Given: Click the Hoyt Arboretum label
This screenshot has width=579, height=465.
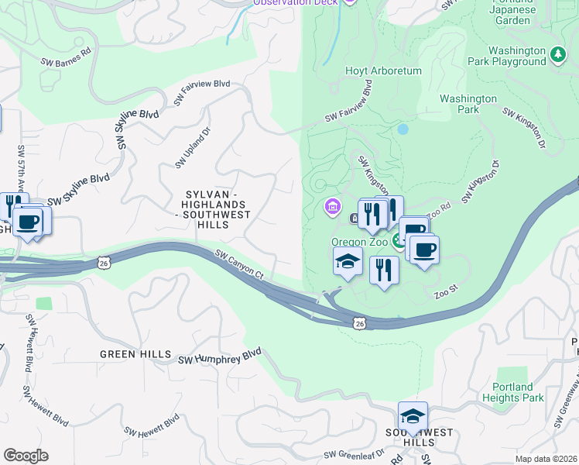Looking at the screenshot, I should [x=383, y=71].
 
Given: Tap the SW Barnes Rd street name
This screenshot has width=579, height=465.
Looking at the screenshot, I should [x=66, y=54].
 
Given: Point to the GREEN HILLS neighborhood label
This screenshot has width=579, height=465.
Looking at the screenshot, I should [x=135, y=354].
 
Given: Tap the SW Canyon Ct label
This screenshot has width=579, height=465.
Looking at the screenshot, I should [x=240, y=264].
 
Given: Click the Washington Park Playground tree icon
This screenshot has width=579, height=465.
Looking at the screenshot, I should [x=558, y=54].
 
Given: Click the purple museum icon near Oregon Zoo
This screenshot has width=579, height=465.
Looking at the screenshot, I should [x=331, y=206].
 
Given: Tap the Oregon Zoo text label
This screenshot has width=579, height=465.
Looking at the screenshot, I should [x=358, y=242].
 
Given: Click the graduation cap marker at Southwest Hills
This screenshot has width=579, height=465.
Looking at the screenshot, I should [x=413, y=415].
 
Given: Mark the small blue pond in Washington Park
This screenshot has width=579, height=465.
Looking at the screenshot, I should [x=403, y=129].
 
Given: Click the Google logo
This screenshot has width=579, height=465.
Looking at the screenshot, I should [x=26, y=456].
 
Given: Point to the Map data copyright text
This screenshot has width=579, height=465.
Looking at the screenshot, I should [x=546, y=459].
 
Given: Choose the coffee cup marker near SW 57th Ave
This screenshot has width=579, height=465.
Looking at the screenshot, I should [x=29, y=222].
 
